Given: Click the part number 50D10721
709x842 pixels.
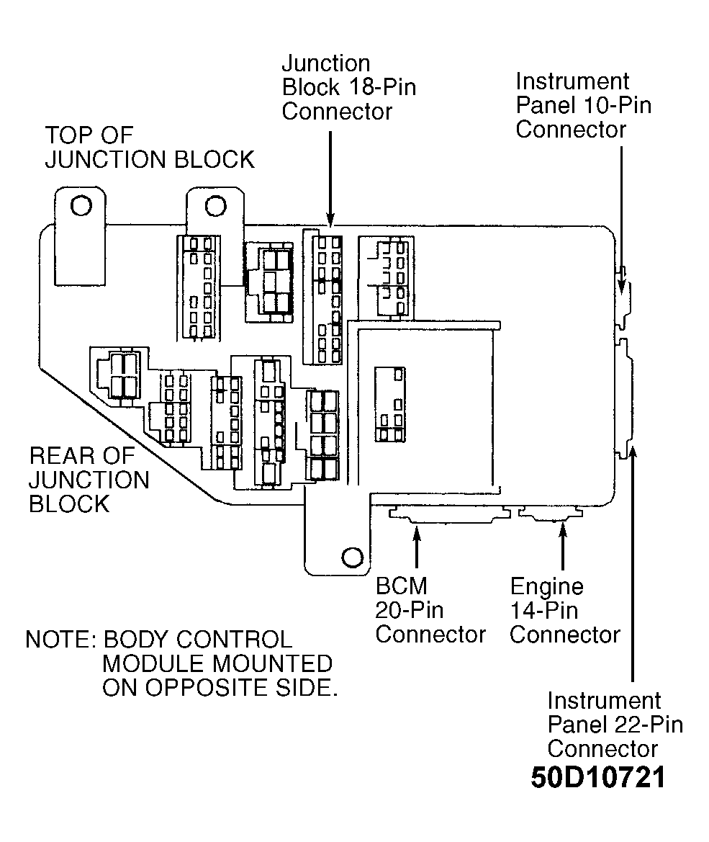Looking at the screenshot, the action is tap(598, 777).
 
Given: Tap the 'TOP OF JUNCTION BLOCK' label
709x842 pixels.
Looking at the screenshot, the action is tap(149, 148).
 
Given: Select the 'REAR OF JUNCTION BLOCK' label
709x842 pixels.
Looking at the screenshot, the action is tap(89, 480).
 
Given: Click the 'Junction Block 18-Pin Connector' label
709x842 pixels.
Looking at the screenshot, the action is tap(349, 88).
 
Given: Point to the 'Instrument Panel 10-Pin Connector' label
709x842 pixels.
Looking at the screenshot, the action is tap(584, 105).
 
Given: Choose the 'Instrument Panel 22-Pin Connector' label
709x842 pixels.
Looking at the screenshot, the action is tap(615, 725).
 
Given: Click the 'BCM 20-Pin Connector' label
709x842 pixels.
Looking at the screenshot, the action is tap(430, 610).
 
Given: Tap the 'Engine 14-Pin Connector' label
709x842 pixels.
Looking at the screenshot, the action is tap(564, 611).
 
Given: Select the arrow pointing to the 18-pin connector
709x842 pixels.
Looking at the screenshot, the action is tap(330, 179).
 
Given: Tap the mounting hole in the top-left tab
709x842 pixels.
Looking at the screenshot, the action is tap(81, 205).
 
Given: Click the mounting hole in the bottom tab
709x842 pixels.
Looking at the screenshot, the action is tap(352, 557).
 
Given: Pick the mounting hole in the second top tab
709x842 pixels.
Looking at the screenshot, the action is tap(215, 206).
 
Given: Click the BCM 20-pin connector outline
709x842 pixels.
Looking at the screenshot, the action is tap(450, 514).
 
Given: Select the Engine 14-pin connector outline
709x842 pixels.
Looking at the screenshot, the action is tap(551, 514).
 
